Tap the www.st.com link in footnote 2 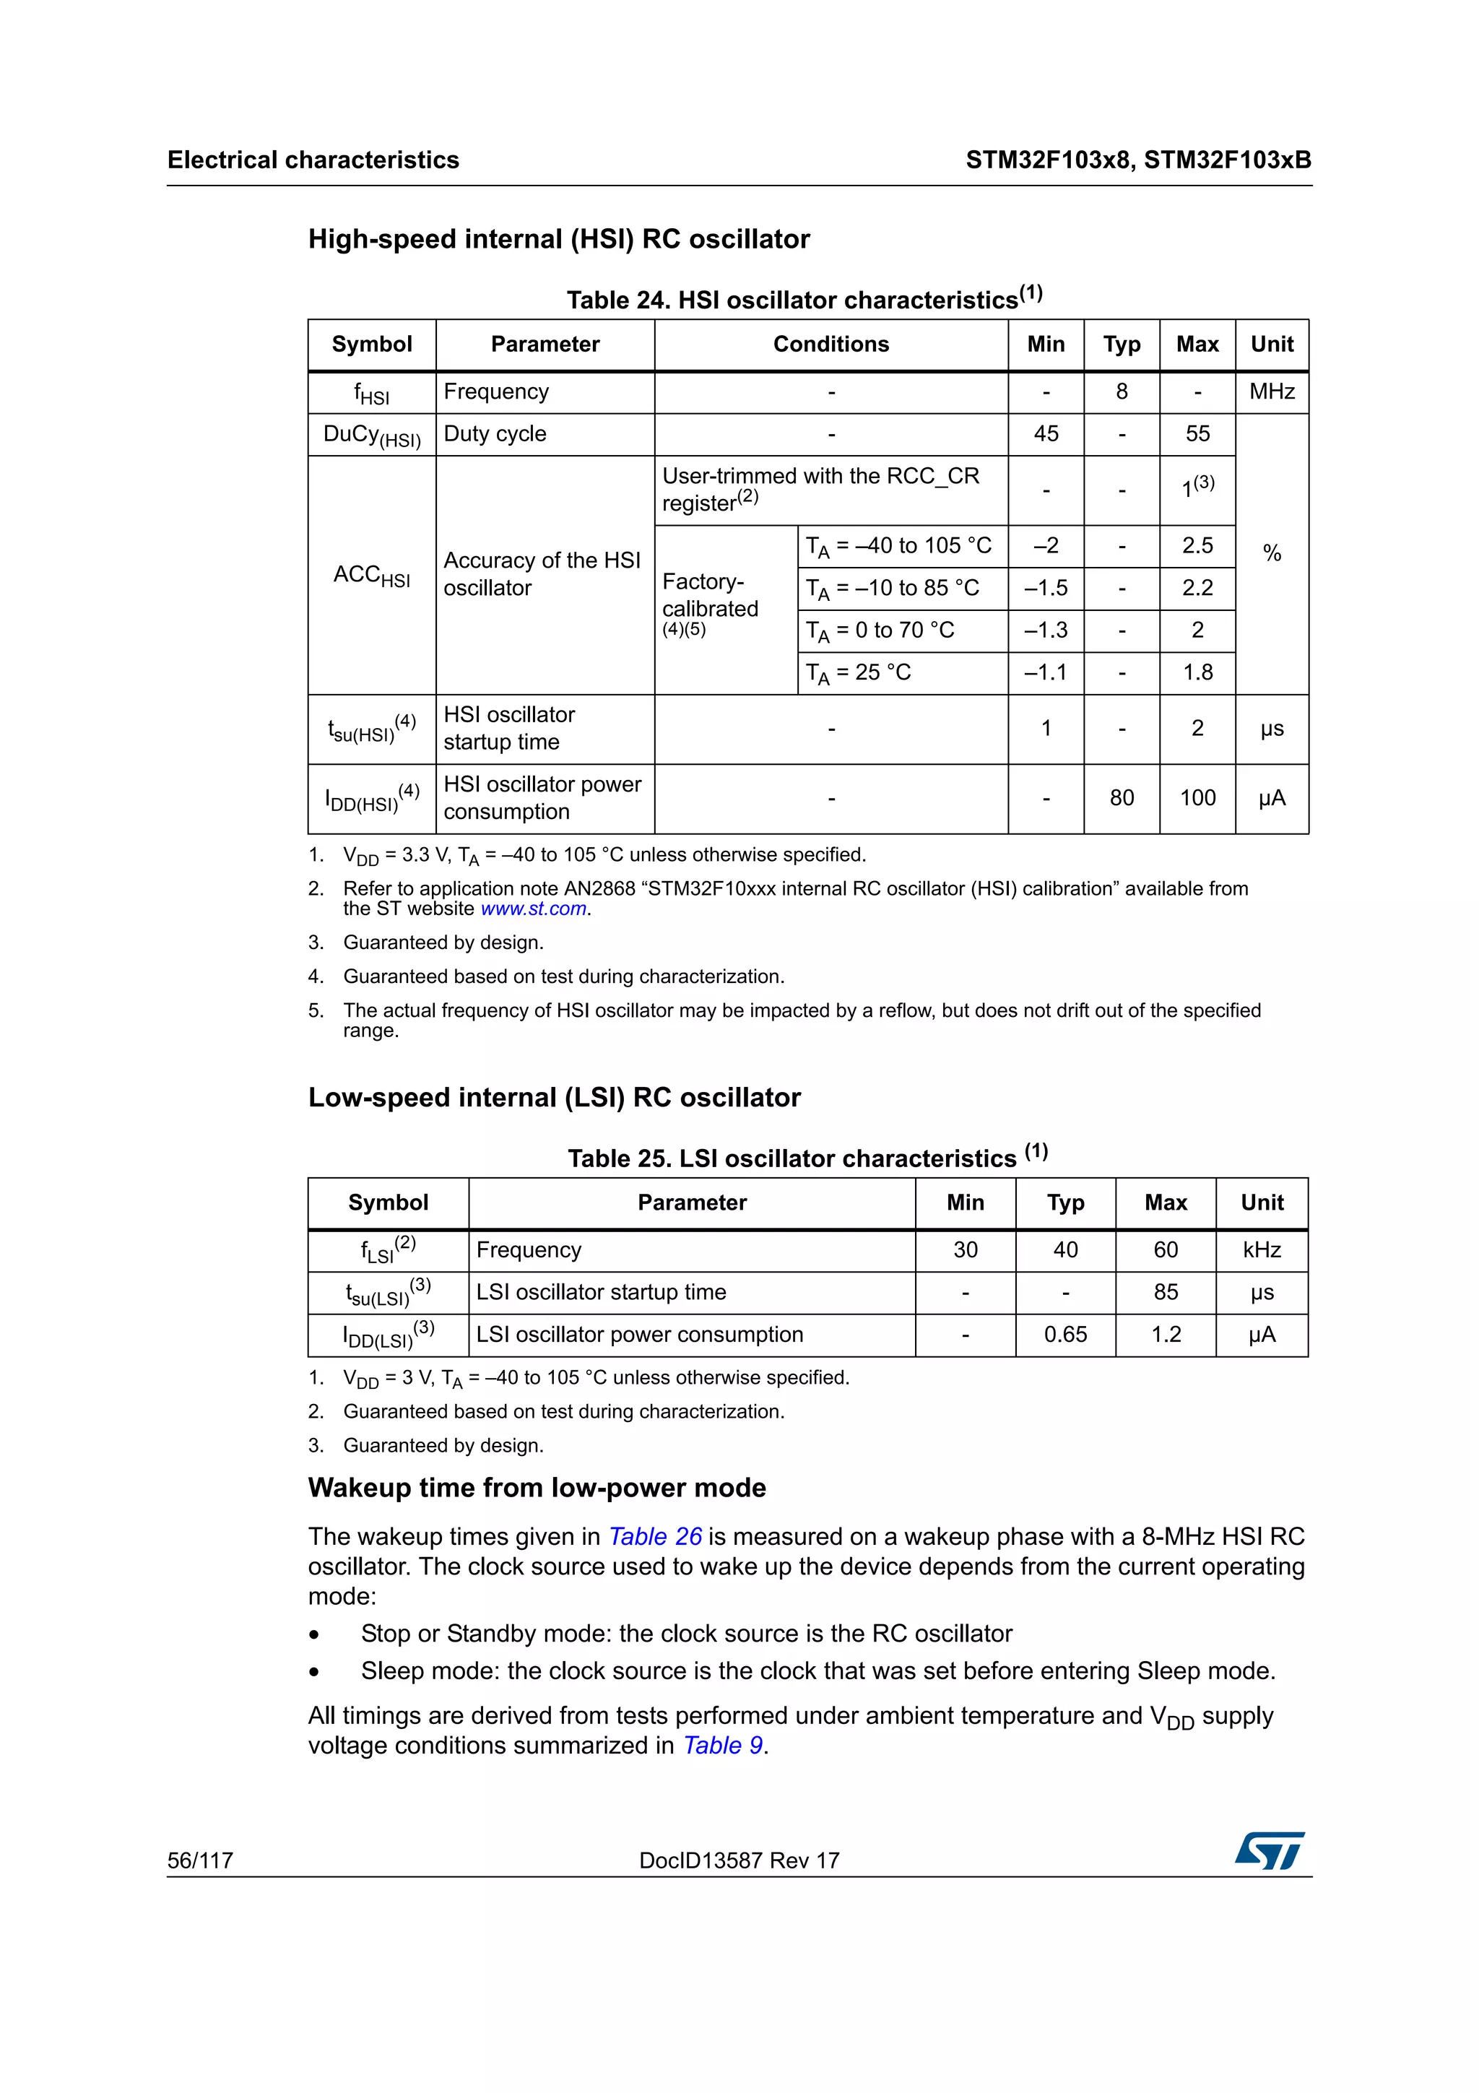pos(533,909)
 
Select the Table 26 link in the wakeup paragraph pos(655,1536)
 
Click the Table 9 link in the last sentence pos(724,1745)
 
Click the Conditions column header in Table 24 pos(830,344)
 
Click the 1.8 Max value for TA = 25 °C pos(1197,673)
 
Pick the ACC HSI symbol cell pos(372,575)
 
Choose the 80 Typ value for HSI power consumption pos(1121,799)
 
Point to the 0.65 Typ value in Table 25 pos(1064,1335)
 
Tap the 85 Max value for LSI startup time pos(1165,1293)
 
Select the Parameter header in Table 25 pos(692,1203)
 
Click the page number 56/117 pos(201,1860)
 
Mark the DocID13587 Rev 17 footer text pos(739,1860)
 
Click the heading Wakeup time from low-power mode pos(537,1488)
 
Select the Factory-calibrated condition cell pos(711,602)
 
